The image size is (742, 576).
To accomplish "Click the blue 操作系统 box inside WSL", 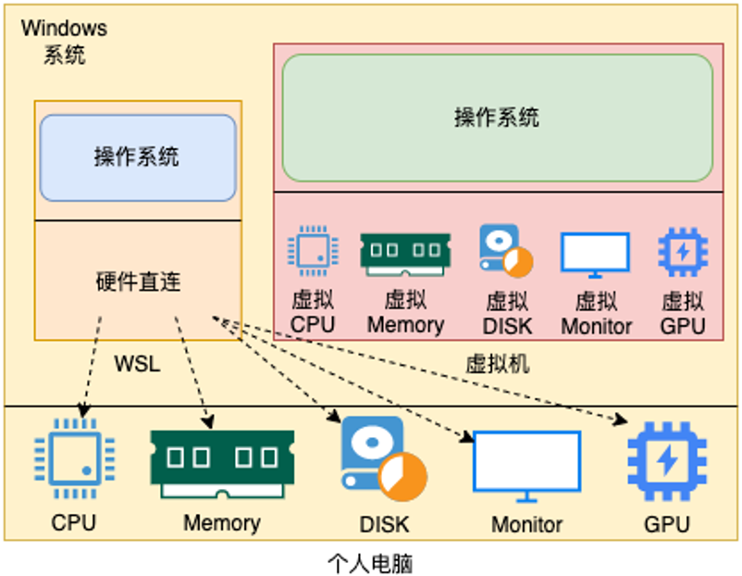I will click(137, 157).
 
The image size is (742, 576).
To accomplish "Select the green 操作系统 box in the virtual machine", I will click(497, 118).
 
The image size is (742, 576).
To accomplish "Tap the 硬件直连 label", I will click(138, 281).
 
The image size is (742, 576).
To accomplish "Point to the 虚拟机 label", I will click(497, 363).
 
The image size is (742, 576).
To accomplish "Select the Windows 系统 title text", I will click(64, 42).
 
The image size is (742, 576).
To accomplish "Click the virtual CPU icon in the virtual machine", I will click(313, 250).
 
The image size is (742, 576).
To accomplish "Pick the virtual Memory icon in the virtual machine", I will click(405, 253).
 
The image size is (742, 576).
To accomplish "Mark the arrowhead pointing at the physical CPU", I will click(83, 411).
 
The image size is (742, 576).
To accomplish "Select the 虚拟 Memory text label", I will click(405, 312).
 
